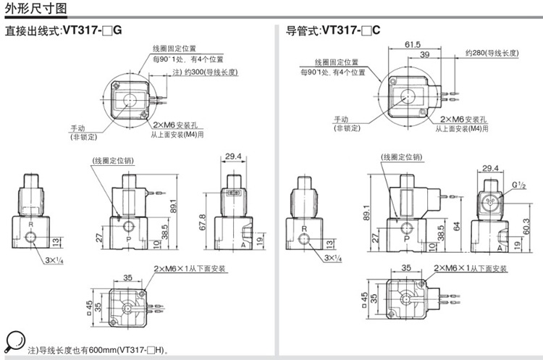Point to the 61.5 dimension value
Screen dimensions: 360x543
coord(413,44)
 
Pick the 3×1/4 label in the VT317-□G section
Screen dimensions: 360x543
coord(54,259)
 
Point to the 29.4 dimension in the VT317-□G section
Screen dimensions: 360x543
coord(232,156)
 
